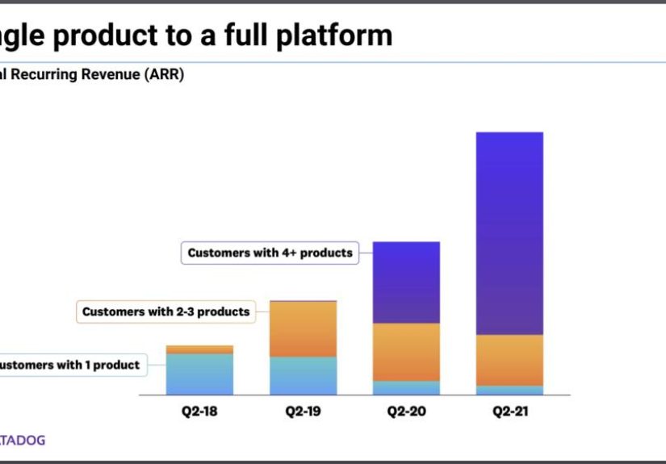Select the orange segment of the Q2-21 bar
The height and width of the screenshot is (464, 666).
(x=509, y=360)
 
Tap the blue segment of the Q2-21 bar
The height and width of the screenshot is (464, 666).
(x=509, y=391)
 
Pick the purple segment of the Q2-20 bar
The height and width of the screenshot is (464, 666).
(x=406, y=282)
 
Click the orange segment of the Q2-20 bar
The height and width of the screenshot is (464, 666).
(x=406, y=352)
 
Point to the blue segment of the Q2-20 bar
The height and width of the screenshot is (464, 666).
(x=406, y=388)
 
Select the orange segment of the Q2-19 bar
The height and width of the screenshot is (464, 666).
(x=303, y=328)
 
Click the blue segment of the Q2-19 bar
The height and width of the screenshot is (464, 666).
(x=303, y=376)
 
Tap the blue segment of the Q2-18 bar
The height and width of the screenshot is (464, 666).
(x=199, y=374)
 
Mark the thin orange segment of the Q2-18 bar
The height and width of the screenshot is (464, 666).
(x=199, y=349)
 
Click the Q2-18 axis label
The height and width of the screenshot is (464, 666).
(x=199, y=412)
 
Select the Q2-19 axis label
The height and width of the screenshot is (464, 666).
(x=303, y=412)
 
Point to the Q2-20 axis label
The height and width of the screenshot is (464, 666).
(x=406, y=412)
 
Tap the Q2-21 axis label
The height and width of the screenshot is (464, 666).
(x=509, y=412)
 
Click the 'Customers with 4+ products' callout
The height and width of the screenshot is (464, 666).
(x=270, y=253)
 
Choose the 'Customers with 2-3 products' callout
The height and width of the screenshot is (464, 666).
(x=165, y=311)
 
